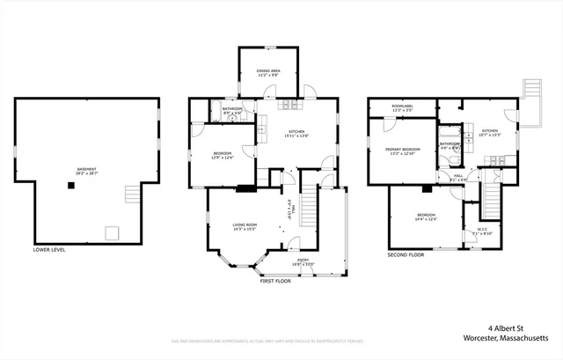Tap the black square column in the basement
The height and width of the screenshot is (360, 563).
coord(69,185)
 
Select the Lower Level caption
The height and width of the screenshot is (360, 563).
coord(49,249)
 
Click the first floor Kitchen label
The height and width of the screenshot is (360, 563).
coord(295,135)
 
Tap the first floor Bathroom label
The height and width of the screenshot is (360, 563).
coord(232,111)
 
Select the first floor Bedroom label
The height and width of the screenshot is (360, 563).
coord(222,156)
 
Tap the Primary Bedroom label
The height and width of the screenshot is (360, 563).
coord(402,151)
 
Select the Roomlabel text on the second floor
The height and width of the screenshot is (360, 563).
coord(404,109)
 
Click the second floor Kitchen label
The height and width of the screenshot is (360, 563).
coord(490,134)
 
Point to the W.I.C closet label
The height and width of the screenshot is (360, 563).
coord(483,233)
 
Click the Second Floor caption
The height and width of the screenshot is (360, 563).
coord(406,255)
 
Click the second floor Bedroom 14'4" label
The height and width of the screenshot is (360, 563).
coord(426,217)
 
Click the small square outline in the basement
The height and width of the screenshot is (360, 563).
coord(111,232)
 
